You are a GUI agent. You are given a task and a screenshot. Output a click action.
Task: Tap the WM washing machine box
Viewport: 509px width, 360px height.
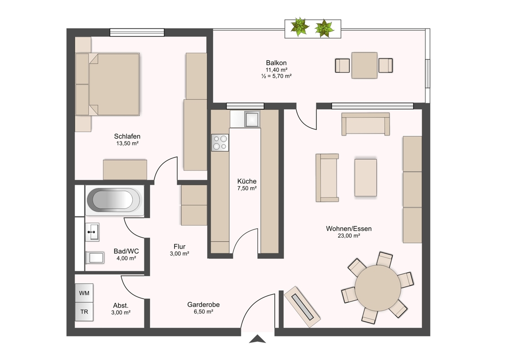[84, 293]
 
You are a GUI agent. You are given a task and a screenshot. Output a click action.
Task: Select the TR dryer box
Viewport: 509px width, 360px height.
[84, 312]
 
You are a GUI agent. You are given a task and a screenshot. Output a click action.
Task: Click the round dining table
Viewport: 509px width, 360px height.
[378, 288]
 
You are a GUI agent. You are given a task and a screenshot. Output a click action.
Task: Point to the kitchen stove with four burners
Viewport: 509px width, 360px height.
[220, 143]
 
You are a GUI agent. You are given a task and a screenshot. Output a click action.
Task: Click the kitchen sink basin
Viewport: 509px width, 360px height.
[252, 119]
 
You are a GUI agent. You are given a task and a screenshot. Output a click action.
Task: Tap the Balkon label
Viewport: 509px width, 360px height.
[276, 63]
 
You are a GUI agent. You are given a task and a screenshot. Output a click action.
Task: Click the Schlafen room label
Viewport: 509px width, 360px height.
[127, 136]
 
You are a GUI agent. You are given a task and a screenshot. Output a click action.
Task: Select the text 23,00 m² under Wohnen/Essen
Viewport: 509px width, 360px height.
[349, 236]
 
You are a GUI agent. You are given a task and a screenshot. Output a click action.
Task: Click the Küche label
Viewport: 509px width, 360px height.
[247, 181]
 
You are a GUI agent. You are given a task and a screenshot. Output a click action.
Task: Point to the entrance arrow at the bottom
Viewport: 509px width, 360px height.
[257, 339]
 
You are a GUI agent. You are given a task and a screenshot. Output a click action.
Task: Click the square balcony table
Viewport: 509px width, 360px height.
[364, 65]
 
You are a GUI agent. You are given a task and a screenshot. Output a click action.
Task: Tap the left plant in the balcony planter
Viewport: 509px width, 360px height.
[299, 27]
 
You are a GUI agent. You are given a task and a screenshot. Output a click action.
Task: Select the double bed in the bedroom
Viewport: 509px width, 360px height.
[107, 85]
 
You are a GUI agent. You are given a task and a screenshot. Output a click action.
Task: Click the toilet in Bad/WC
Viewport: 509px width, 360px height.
[94, 258]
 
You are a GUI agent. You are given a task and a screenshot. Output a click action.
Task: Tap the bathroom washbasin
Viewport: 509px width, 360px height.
[92, 232]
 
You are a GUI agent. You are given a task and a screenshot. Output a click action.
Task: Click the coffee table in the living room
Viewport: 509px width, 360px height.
[366, 178]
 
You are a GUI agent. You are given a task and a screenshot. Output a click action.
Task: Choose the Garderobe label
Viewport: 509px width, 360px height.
[204, 305]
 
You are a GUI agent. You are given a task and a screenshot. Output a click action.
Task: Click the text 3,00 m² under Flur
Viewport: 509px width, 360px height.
[179, 254]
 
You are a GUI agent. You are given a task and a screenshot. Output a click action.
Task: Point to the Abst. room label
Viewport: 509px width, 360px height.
[121, 306]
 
